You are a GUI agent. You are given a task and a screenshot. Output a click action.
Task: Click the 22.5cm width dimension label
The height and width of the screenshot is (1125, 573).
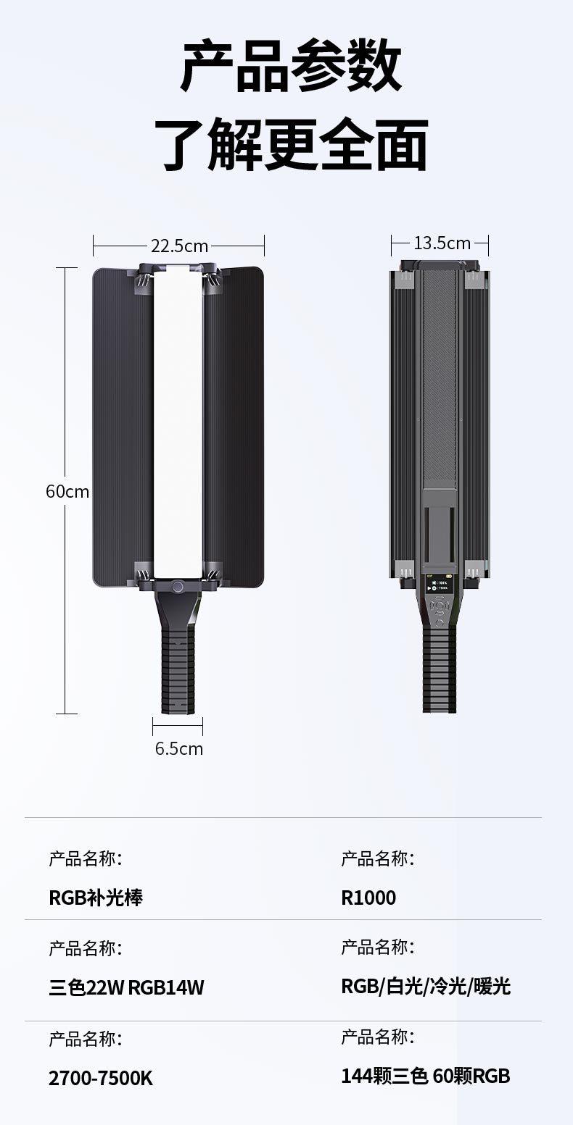point(180,246)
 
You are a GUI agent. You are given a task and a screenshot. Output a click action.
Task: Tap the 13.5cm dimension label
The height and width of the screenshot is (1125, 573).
point(442,243)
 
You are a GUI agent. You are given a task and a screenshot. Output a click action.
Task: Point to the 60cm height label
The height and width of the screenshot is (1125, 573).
point(67,491)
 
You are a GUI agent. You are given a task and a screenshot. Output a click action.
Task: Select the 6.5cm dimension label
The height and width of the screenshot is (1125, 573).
point(178,748)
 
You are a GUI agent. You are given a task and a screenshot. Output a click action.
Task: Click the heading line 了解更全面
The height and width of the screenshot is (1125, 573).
point(291,145)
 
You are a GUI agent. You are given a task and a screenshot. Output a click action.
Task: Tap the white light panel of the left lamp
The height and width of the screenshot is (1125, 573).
point(178,422)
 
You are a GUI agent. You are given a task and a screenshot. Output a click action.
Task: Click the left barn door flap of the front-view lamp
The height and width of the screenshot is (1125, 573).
point(123,427)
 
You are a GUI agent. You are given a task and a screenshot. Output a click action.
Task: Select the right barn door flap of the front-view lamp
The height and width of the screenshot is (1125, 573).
point(234,427)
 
